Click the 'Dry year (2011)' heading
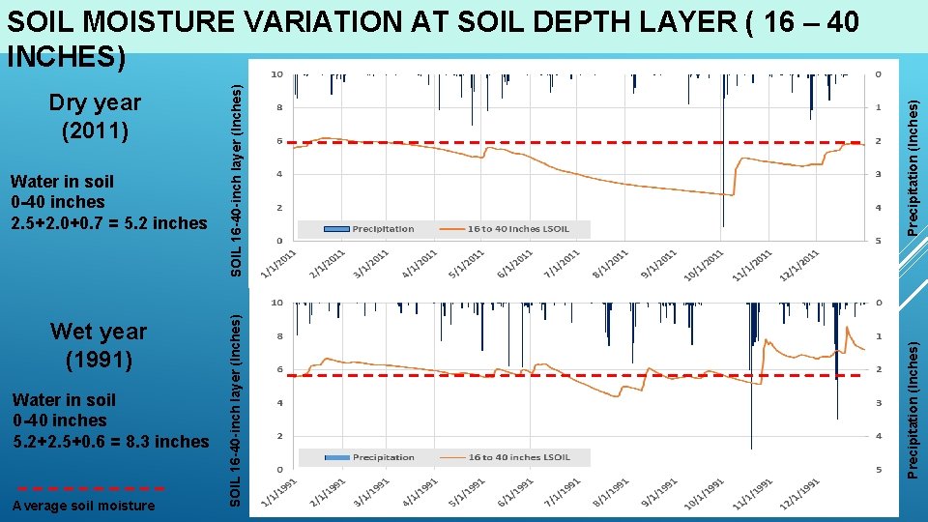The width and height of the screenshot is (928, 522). (95, 115)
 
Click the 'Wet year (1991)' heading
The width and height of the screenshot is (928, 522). (99, 345)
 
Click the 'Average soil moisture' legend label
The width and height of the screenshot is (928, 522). (83, 506)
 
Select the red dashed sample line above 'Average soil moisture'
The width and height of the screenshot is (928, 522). (92, 488)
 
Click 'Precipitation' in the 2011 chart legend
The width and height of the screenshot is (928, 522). (382, 229)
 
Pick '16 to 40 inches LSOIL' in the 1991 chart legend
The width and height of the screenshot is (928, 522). (518, 457)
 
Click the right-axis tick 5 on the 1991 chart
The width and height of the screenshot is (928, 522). (878, 470)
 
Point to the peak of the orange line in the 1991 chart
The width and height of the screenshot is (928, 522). (847, 327)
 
